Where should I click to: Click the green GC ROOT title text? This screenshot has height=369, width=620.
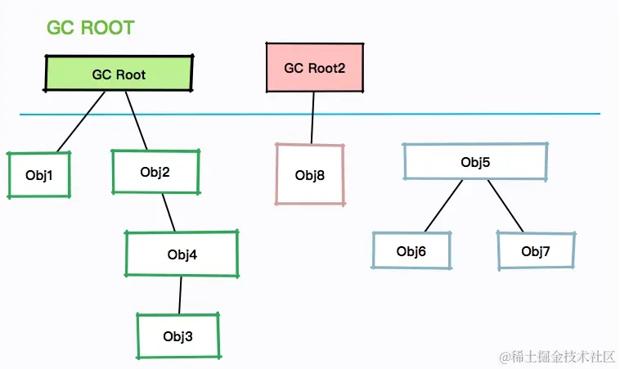[91, 28]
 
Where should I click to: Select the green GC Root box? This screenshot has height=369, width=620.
[119, 73]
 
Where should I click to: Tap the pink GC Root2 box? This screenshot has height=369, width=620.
[315, 67]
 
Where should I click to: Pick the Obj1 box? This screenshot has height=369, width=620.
[39, 174]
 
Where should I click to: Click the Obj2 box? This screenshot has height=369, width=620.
[155, 172]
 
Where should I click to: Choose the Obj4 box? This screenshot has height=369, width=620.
[182, 254]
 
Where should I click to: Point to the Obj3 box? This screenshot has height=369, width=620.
[178, 335]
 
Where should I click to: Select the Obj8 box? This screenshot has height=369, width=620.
[310, 174]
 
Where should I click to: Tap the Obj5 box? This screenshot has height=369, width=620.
[475, 162]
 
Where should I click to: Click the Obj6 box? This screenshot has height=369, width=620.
[411, 250]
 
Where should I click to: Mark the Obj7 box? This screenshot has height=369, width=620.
[536, 250]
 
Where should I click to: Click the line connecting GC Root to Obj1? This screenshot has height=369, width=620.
[81, 122]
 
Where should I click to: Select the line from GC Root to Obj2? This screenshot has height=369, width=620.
[137, 120]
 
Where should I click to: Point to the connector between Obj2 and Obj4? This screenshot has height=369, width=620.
[168, 213]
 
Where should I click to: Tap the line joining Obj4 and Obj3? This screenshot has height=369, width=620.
[180, 295]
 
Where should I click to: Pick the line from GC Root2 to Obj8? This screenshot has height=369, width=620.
[312, 118]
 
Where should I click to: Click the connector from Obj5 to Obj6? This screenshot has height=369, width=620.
[443, 205]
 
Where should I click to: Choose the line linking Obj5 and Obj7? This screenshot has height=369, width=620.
[505, 206]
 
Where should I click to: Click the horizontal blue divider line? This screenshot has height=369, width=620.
[310, 115]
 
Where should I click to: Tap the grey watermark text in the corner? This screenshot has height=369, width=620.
[557, 357]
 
